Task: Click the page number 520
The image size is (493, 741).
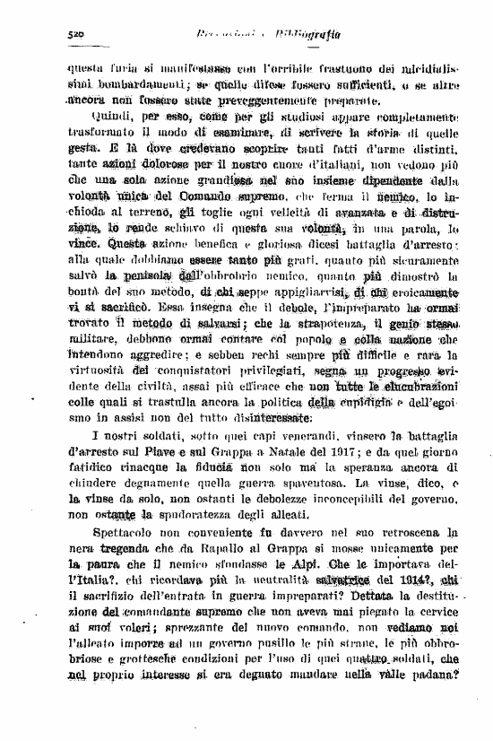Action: pyautogui.click(x=75, y=33)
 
